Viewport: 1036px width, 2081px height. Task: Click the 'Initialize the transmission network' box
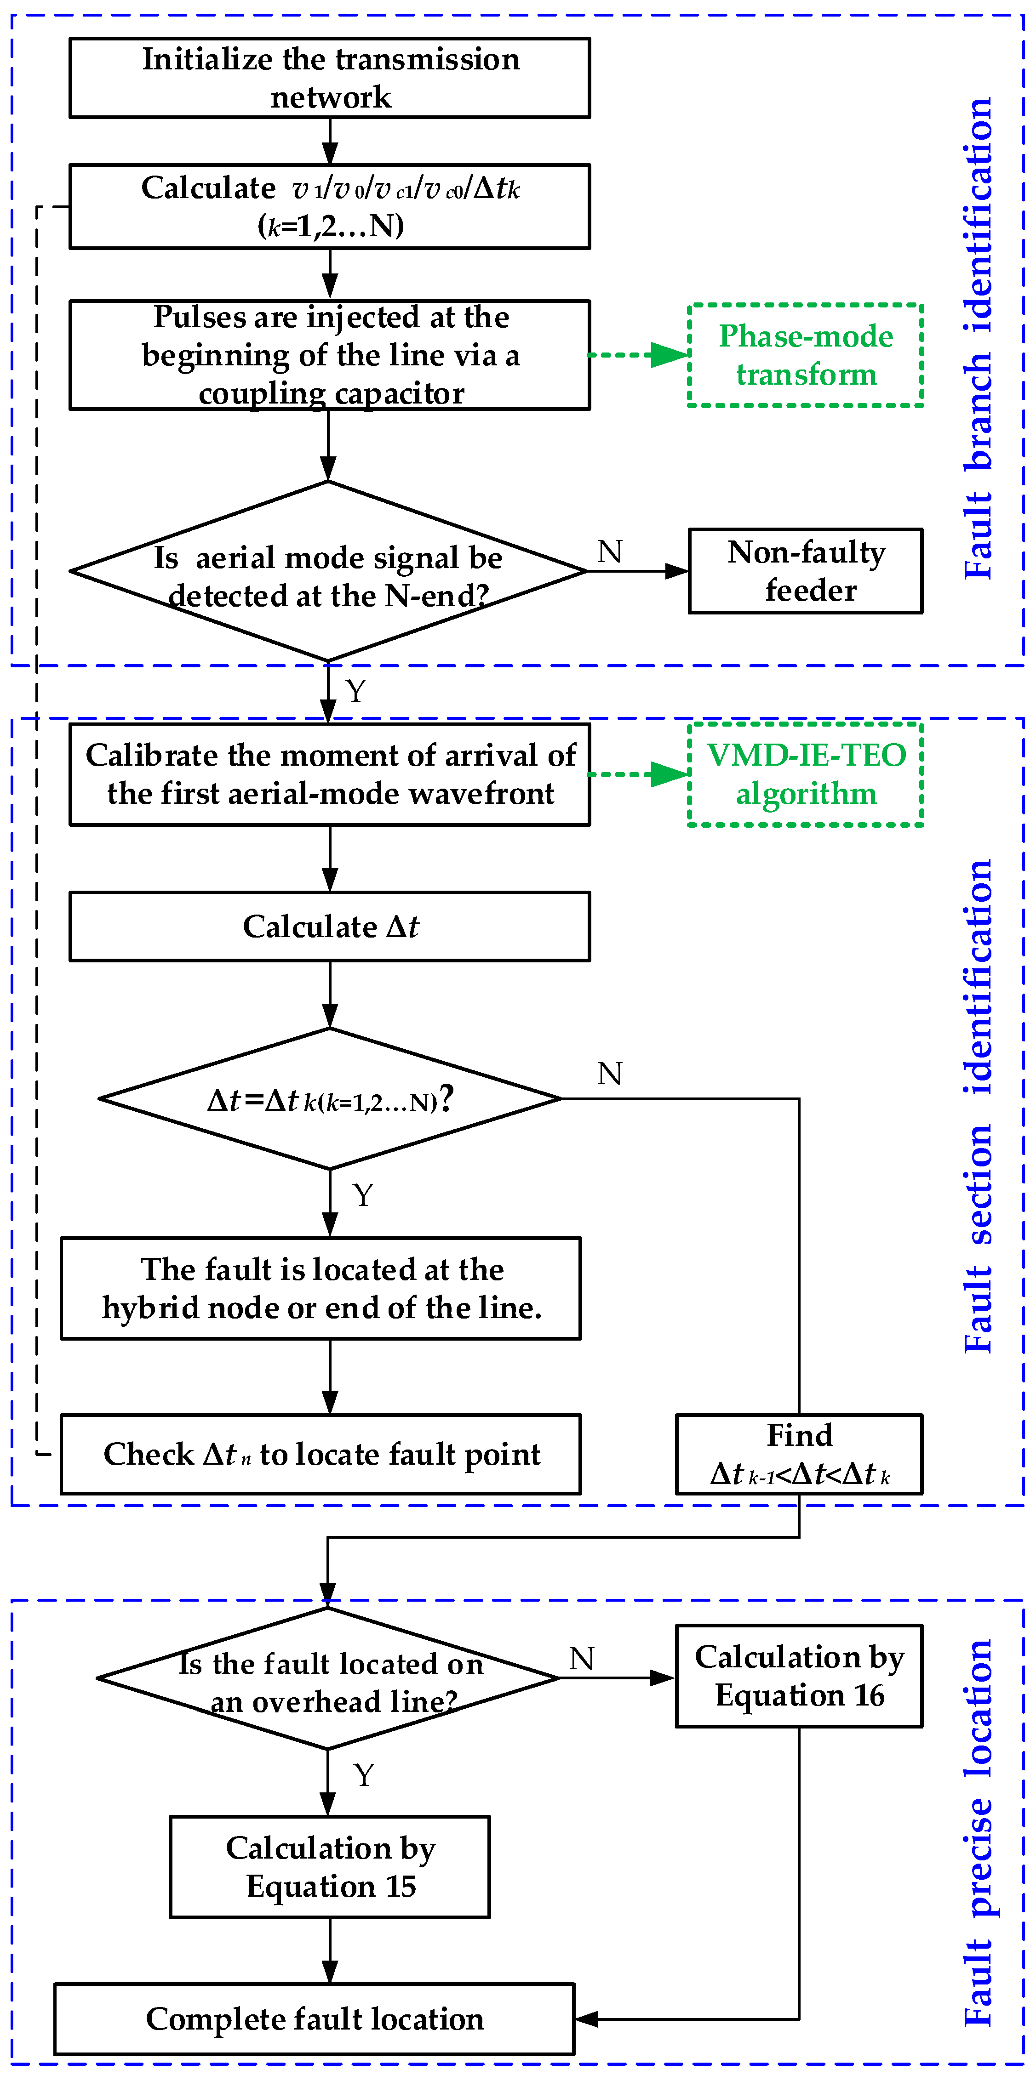pyautogui.click(x=330, y=78)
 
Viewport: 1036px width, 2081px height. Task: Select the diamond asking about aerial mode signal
pyautogui.click(x=328, y=572)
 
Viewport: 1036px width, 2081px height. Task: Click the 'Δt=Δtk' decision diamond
pyautogui.click(x=330, y=1099)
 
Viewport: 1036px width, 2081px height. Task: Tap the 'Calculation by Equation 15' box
pyautogui.click(x=330, y=1867)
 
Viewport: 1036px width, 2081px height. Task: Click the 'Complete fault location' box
pyautogui.click(x=315, y=2019)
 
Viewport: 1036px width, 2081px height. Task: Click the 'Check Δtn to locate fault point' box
pyautogui.click(x=321, y=1454)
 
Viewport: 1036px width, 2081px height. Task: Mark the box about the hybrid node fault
pyautogui.click(x=321, y=1289)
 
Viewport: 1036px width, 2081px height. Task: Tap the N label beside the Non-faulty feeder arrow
pyautogui.click(x=609, y=552)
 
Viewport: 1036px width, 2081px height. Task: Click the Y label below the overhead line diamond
pyautogui.click(x=364, y=1776)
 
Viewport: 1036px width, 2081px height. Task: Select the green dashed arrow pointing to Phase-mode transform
pyautogui.click(x=638, y=355)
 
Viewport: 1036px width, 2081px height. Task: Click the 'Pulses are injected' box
pyautogui.click(x=330, y=355)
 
